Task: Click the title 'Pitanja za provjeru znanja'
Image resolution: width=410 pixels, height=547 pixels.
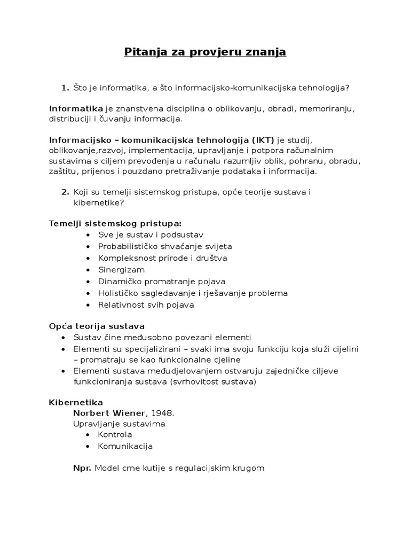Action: click(205, 52)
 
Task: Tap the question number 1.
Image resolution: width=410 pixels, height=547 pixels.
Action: click(65, 88)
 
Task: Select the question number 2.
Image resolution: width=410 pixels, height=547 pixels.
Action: click(65, 192)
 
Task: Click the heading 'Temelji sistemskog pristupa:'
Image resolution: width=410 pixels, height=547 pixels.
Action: click(115, 223)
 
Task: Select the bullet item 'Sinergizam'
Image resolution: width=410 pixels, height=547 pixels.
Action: click(121, 270)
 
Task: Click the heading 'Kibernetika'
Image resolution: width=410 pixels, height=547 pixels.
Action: click(76, 402)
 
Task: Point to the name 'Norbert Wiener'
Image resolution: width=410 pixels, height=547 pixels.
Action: click(109, 413)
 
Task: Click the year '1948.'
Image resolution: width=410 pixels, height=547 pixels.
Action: click(161, 413)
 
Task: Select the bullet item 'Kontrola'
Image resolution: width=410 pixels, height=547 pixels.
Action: click(115, 435)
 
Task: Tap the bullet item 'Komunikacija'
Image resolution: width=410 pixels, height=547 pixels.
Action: click(125, 446)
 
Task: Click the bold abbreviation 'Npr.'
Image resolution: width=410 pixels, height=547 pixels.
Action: click(82, 468)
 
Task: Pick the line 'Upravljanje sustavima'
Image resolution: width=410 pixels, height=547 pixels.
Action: click(119, 424)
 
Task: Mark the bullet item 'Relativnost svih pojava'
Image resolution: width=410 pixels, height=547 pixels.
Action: click(146, 305)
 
